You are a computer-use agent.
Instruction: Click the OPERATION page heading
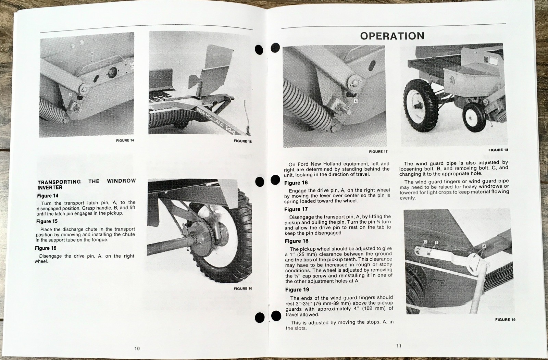coord(392,36)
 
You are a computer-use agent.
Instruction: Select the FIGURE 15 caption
coord(242,141)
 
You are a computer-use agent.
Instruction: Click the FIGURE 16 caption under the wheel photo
coord(242,289)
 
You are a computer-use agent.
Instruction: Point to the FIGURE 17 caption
coord(378,151)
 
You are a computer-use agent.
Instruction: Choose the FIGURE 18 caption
coord(498,150)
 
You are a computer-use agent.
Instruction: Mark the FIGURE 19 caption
coord(505,320)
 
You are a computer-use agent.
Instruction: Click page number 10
coord(137,348)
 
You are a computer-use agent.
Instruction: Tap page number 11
coord(399,346)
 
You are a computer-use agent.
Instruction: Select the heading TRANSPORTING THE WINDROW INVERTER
coord(86,184)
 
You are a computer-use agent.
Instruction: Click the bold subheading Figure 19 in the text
coord(297,290)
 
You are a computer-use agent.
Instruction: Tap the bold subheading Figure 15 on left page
coord(47,221)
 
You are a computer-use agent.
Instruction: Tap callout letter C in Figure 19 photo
coord(425,242)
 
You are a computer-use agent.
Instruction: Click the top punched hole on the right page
coord(275,48)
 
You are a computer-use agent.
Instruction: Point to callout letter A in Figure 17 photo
coord(355,101)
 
